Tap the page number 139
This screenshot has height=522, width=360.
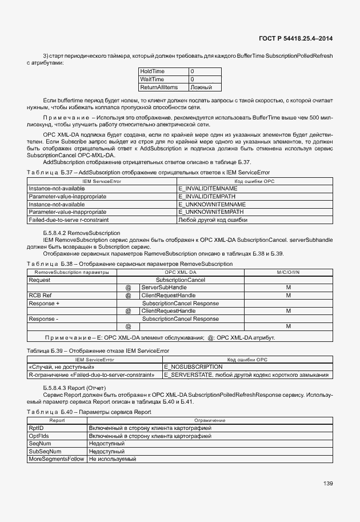(x=327, y=484)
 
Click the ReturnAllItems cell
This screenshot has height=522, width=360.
(x=159, y=87)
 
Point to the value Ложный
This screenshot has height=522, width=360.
(x=201, y=87)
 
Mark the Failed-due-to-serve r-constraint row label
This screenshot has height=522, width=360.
(x=69, y=220)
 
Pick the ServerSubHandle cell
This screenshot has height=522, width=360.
(x=161, y=288)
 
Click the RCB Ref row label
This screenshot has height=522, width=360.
(x=40, y=296)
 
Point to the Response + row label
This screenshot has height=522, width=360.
(x=44, y=303)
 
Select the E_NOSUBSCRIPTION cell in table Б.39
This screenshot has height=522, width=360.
(x=193, y=366)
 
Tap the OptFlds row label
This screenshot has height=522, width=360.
(x=39, y=436)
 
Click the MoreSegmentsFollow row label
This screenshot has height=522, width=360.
(x=56, y=459)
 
